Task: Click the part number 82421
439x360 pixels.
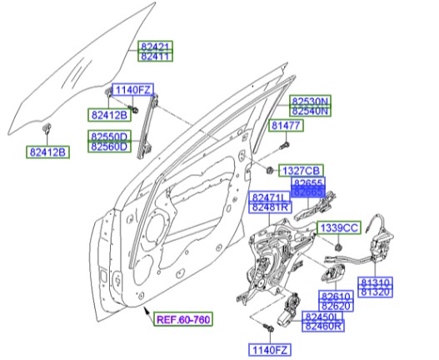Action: pos(155,47)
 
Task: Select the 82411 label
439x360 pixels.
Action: pos(155,57)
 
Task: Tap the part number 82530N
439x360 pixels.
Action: pos(310,101)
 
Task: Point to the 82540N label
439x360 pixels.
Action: pos(310,111)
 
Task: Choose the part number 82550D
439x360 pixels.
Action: pos(110,136)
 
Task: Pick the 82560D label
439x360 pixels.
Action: pos(110,147)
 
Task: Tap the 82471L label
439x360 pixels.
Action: pos(270,197)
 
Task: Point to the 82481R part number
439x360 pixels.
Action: pos(270,207)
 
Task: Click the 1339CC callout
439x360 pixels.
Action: pos(338,227)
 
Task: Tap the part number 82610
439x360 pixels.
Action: pos(335,297)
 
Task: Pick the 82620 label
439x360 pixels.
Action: pos(335,307)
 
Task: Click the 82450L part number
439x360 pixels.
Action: pos(323,317)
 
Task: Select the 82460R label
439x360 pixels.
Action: pos(323,327)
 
